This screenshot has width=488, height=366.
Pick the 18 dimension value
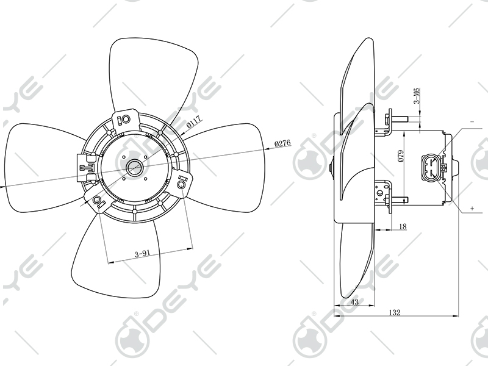[x=402, y=226]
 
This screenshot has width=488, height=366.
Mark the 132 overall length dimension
[x=395, y=312]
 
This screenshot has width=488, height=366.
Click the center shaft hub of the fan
[x=134, y=167]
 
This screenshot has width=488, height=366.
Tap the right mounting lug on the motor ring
[x=184, y=182]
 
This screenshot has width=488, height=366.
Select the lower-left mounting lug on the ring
[x=98, y=201]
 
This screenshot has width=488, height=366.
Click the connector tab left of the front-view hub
[x=84, y=165]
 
